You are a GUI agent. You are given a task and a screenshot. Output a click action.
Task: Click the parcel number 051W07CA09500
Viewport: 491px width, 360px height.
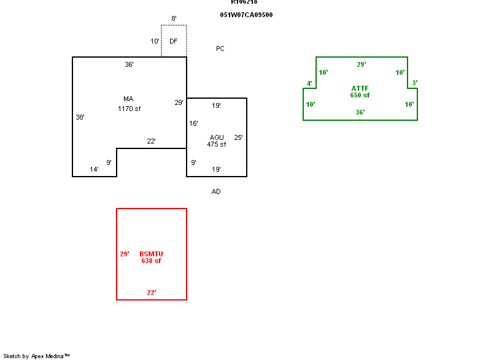click(x=246, y=15)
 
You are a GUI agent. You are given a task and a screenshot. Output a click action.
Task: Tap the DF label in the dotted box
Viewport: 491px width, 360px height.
click(x=174, y=41)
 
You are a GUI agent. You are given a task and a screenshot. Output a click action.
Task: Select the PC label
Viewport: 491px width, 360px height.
click(x=220, y=48)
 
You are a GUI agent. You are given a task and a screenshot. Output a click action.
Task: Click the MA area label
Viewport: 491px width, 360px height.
click(x=128, y=99)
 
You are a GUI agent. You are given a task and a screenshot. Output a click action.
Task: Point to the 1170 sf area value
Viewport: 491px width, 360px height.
click(x=130, y=109)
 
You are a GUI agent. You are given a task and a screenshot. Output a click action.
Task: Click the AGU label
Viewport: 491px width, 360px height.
click(x=217, y=137)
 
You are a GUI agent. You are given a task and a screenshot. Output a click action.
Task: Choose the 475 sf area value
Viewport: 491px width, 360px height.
click(x=216, y=145)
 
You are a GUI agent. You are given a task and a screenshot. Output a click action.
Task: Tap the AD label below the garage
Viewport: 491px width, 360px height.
click(x=216, y=191)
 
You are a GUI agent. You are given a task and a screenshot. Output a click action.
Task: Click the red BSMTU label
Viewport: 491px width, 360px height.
click(x=151, y=254)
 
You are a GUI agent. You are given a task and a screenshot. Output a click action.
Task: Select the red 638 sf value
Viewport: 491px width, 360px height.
click(x=151, y=261)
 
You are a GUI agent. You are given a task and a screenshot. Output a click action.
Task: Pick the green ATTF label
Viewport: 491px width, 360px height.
click(x=360, y=88)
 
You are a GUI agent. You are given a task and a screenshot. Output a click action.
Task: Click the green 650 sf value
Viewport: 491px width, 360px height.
click(x=360, y=96)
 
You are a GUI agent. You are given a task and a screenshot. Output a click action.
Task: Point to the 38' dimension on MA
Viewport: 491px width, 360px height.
click(x=80, y=117)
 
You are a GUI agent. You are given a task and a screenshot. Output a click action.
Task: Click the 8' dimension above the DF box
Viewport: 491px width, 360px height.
click(x=174, y=19)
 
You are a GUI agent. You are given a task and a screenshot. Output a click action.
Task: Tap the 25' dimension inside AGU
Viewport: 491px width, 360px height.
click(x=238, y=137)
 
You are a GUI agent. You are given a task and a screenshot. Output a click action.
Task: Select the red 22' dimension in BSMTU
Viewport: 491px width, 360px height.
click(x=151, y=293)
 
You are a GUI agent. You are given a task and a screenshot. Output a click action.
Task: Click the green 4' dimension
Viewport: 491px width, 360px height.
click(x=309, y=83)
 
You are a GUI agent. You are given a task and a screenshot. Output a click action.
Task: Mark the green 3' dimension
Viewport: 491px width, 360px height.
click(x=415, y=83)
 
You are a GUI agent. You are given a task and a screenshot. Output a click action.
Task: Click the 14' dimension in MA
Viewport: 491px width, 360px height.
click(x=95, y=169)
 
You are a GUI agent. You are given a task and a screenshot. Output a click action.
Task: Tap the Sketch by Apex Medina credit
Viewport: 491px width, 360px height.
click(x=37, y=356)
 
